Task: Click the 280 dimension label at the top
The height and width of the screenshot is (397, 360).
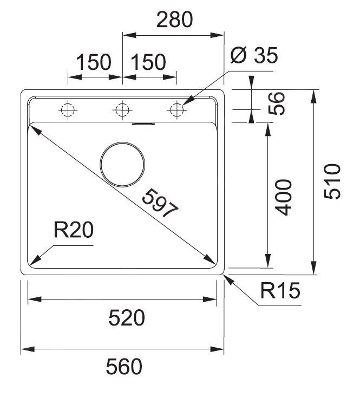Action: point(174,19)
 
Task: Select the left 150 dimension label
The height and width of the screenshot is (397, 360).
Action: point(93,63)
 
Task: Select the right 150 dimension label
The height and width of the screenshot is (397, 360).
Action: point(147,63)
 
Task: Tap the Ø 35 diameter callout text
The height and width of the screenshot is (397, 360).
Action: point(253,55)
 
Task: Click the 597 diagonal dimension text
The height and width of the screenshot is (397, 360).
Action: point(160,203)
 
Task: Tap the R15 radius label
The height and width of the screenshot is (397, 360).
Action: point(279,292)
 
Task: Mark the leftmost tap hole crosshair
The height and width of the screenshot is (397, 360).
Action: point(68,110)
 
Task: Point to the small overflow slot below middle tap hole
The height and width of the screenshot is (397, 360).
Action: point(143,124)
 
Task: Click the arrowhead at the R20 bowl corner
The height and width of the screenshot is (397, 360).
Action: point(34,260)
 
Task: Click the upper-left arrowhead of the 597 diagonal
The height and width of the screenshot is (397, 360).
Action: point(32,128)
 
